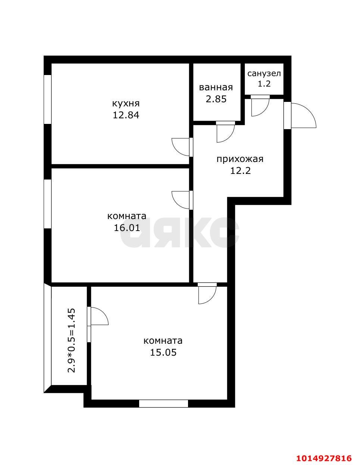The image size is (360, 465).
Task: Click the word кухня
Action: [x=126, y=103]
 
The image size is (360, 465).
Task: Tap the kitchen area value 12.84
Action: [x=126, y=115]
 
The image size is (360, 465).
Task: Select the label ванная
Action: [x=216, y=87]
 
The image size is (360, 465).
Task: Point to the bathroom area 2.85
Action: [x=216, y=99]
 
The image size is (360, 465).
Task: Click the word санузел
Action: [x=264, y=74]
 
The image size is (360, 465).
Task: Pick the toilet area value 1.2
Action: [x=264, y=84]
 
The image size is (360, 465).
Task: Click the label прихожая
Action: [x=240, y=159]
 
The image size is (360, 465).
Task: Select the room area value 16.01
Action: [x=127, y=228]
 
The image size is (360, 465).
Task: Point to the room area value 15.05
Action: [x=163, y=352]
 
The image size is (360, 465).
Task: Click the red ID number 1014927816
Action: [x=324, y=458]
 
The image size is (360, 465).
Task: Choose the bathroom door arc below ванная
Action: [x=225, y=132]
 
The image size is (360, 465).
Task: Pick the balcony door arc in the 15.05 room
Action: [x=99, y=316]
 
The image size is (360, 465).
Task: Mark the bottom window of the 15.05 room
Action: [x=163, y=403]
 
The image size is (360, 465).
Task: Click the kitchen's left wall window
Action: [x=47, y=99]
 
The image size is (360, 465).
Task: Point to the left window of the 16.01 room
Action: [x=47, y=204]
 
